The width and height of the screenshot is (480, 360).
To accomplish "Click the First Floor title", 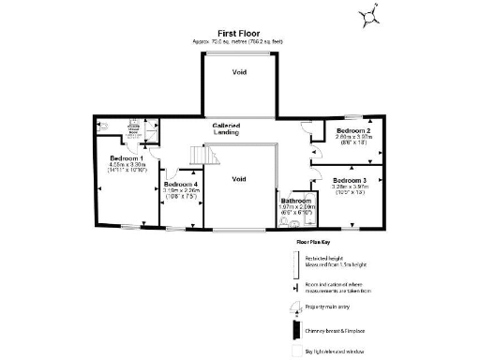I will (x=239, y=32).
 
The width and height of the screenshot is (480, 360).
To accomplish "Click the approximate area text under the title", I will (x=239, y=42).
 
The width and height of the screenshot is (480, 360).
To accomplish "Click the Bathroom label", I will (x=298, y=200).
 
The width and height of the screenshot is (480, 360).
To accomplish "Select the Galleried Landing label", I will (x=230, y=128).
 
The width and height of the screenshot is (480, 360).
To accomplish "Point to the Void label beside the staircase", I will (x=239, y=178).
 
